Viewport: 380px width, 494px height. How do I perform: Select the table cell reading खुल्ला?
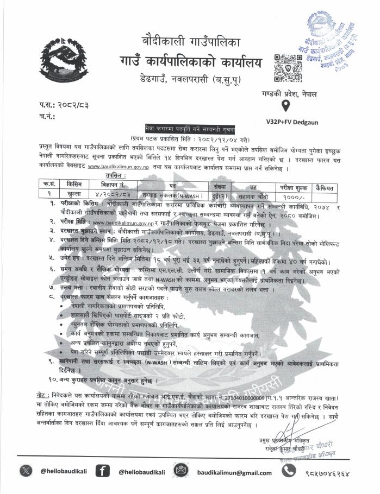(75, 194)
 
